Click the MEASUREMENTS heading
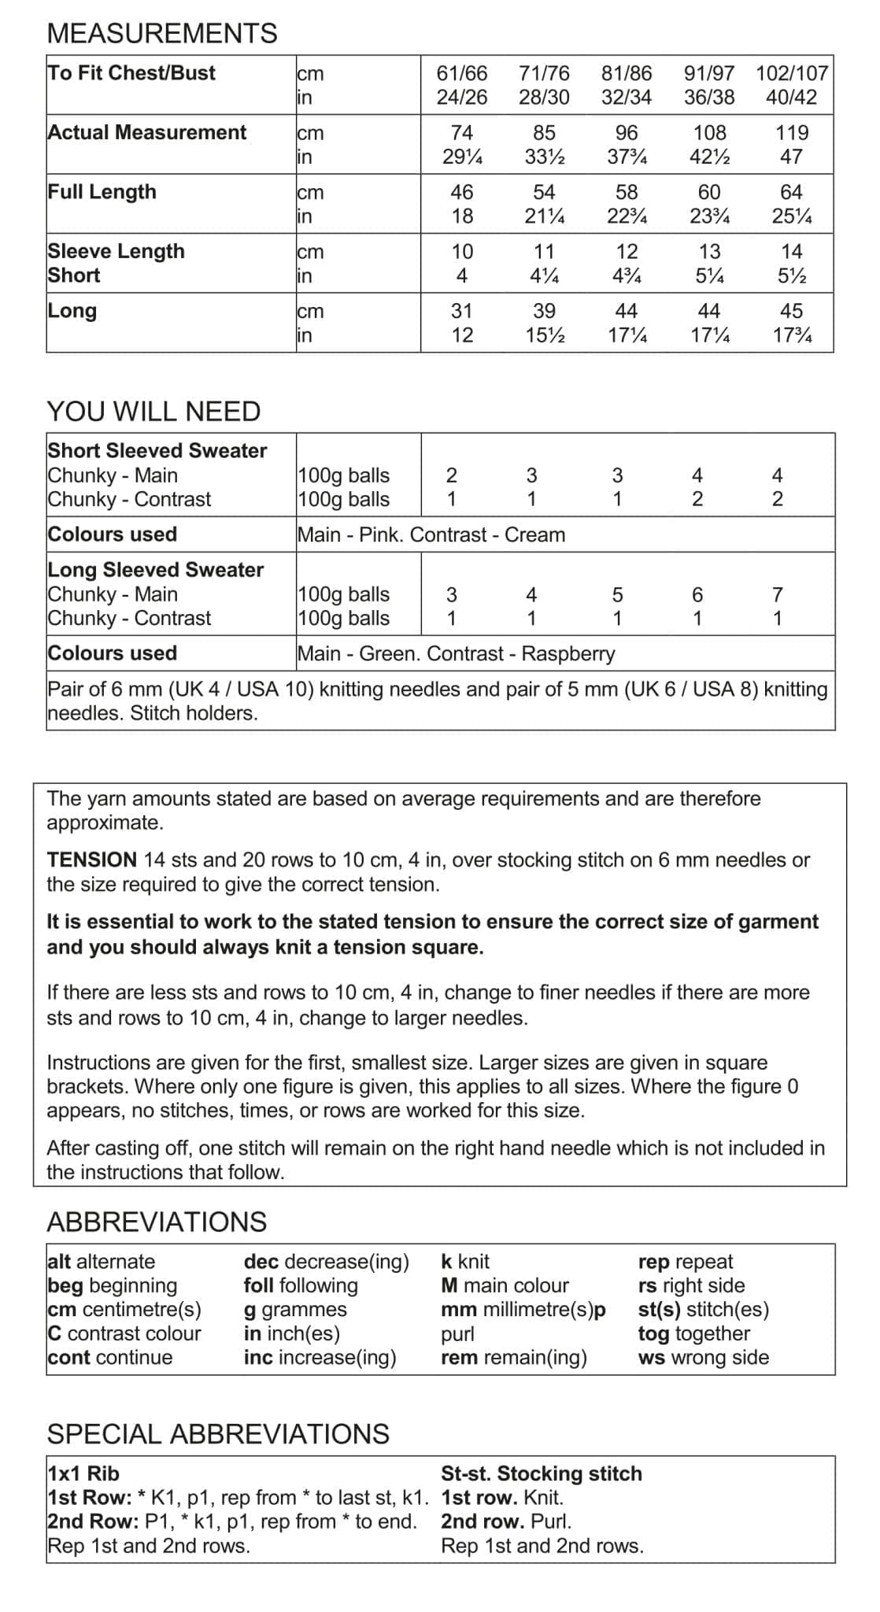tap(162, 33)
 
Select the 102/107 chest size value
tap(791, 73)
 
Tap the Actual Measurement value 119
tap(791, 132)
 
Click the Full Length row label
tap(102, 192)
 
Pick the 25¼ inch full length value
tap(791, 216)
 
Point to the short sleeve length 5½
tap(791, 275)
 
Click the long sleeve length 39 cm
tap(544, 311)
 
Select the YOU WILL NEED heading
tap(153, 411)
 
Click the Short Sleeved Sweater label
tap(157, 450)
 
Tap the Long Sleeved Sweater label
tap(156, 569)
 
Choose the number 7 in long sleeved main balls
tap(777, 594)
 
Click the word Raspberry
tap(568, 653)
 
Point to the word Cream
tap(534, 534)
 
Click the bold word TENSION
tap(91, 860)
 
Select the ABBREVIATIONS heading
tap(157, 1222)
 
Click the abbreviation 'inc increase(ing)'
tap(320, 1357)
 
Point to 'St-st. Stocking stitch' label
tap(542, 1473)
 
